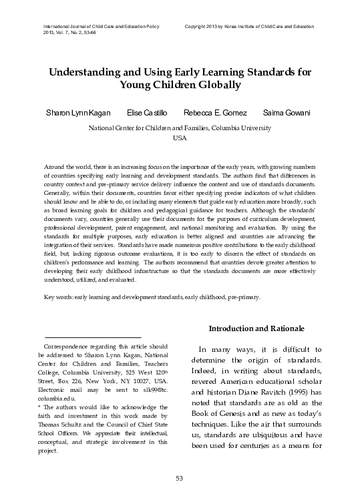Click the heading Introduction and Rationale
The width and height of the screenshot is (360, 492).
256,329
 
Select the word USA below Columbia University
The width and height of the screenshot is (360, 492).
180,137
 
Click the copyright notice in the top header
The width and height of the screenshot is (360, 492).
249,25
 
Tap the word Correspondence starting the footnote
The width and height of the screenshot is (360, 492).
67,348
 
